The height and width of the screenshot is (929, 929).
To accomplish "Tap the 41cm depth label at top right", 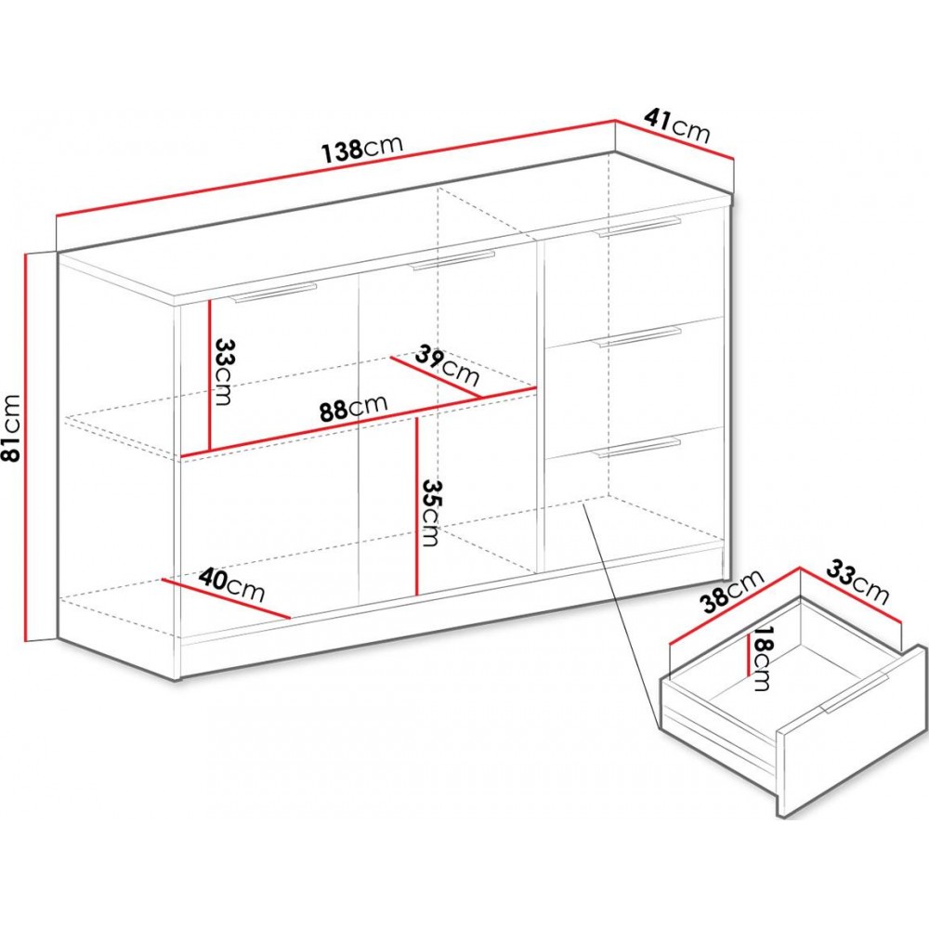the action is pos(677,125).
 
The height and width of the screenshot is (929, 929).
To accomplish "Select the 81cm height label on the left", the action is pos(12,427).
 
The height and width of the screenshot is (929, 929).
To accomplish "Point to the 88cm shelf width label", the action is pos(353,408).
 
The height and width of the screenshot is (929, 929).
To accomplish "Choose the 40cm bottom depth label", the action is pos(231,584).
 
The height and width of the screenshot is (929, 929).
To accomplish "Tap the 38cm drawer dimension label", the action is pos(732,591).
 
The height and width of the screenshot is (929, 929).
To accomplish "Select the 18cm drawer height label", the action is pos(761,659).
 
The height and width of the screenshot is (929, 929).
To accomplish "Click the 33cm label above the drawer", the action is pos(857,582).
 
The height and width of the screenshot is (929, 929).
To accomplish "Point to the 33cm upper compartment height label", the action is pos(223,372).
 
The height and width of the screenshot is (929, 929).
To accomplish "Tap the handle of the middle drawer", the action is pos(639,335).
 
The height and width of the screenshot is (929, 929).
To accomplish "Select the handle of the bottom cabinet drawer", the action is pos(639,448).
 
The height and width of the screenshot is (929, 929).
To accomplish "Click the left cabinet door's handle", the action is pos(275,294).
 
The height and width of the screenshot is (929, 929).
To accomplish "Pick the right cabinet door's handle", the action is pos(453,261).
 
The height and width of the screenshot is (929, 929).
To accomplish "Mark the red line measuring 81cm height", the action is pos(27,447).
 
